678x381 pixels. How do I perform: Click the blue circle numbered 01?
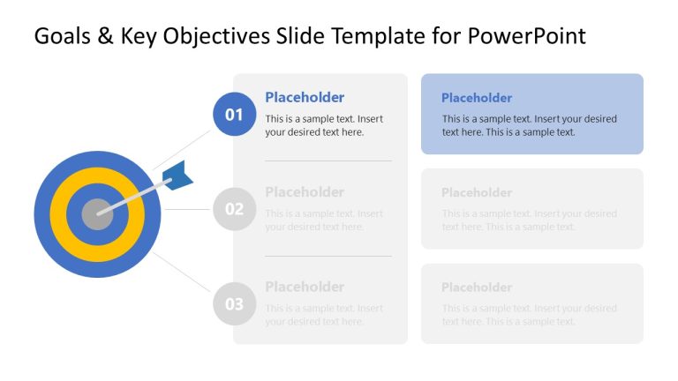tap(234, 114)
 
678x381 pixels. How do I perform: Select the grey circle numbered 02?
tap(234, 209)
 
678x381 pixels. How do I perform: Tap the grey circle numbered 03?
tap(234, 304)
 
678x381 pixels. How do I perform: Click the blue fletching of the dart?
tap(178, 175)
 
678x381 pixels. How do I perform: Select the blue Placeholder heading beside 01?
tap(305, 97)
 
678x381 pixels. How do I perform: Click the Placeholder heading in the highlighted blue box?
tap(477, 98)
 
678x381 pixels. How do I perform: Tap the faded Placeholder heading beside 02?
tap(305, 192)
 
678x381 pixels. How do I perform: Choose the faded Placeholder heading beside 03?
tap(305, 287)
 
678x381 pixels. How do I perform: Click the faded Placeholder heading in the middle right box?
tap(477, 192)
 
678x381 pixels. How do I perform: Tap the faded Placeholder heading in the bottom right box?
tap(477, 288)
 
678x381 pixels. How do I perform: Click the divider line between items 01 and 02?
tap(328, 161)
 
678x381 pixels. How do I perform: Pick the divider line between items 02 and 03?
tap(328, 257)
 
